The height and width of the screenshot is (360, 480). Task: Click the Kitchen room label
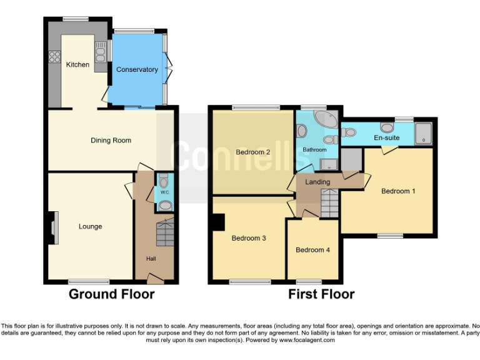click(x=77, y=64)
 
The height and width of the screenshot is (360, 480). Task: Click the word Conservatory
click(x=137, y=69)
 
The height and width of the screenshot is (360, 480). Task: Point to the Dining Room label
click(x=111, y=141)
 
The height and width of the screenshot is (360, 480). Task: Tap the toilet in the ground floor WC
click(x=164, y=182)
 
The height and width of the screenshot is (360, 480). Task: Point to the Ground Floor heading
click(x=111, y=294)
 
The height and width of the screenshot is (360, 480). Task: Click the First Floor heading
click(x=321, y=294)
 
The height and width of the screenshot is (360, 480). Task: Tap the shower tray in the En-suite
click(x=424, y=132)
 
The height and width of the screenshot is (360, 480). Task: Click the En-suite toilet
click(x=347, y=132)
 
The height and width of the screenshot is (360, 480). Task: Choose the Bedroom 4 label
click(x=313, y=250)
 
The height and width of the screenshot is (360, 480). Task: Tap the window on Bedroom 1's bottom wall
click(x=389, y=236)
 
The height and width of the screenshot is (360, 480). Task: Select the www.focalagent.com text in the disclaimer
click(x=306, y=341)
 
